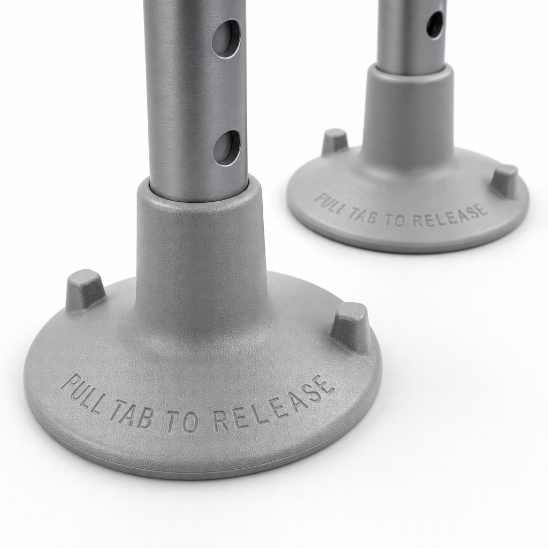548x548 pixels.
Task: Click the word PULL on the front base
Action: [x=83, y=394]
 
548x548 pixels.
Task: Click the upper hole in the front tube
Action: [x=227, y=39]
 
